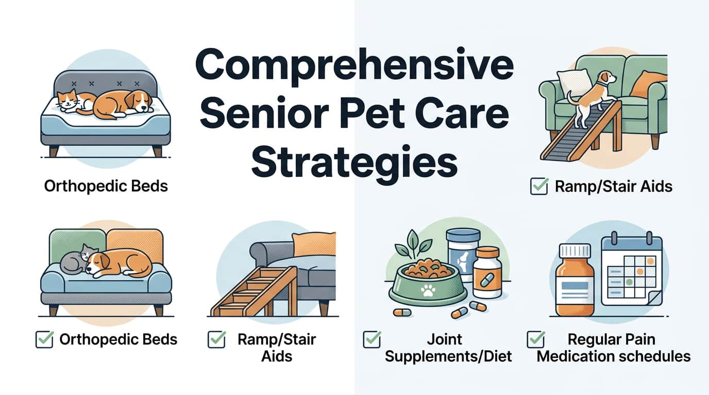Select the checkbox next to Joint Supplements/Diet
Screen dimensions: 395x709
(x=372, y=339)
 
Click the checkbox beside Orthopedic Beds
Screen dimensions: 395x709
(x=44, y=339)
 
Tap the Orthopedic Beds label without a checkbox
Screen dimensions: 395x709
(x=106, y=186)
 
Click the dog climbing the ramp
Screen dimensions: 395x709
(x=593, y=98)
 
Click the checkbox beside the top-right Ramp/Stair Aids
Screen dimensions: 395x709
(x=539, y=186)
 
